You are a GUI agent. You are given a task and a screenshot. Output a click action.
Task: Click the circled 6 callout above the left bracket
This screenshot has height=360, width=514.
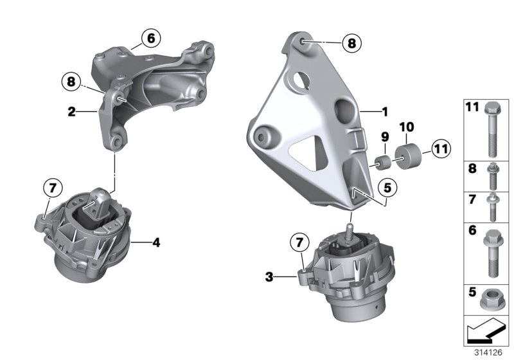click(x=150, y=39)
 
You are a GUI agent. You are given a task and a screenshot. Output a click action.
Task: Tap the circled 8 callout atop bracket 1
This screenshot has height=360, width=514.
click(x=351, y=43)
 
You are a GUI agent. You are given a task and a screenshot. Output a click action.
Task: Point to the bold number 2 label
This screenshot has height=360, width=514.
click(x=72, y=111)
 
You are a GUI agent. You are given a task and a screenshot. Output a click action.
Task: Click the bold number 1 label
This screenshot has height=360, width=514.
click(x=385, y=111)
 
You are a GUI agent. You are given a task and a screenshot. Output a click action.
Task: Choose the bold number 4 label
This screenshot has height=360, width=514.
click(x=155, y=242)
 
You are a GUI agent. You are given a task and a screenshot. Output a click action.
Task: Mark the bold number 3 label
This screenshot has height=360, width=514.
click(x=269, y=277)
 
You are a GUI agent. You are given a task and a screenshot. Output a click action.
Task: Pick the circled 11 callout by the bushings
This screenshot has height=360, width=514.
click(x=441, y=150)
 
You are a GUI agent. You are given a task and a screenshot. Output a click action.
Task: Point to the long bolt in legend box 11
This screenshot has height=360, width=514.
click(x=491, y=129)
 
